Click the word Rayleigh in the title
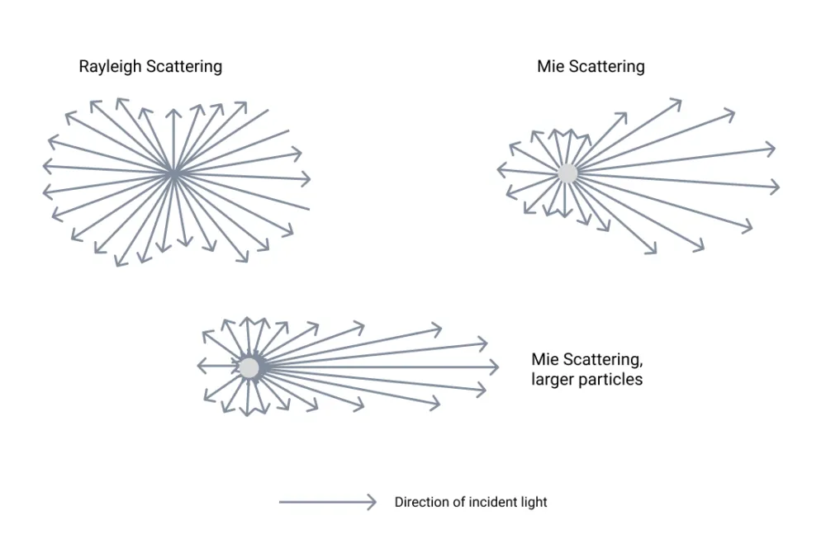coord(111,67)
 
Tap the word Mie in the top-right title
coord(549,67)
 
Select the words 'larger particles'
coord(587,380)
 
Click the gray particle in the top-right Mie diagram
coord(567,173)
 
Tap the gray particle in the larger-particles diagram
coord(249,367)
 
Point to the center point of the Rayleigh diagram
coord(173,173)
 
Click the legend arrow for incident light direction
coord(327,501)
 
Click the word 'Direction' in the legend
coord(420,502)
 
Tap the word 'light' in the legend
coord(534,502)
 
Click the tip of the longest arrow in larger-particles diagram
coord(498,367)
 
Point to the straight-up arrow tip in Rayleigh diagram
coord(173,110)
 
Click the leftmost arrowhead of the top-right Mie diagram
coord(499,170)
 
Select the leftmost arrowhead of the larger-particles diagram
coord(198,367)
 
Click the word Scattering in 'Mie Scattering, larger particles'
coord(601,360)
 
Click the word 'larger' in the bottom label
coord(553,380)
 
